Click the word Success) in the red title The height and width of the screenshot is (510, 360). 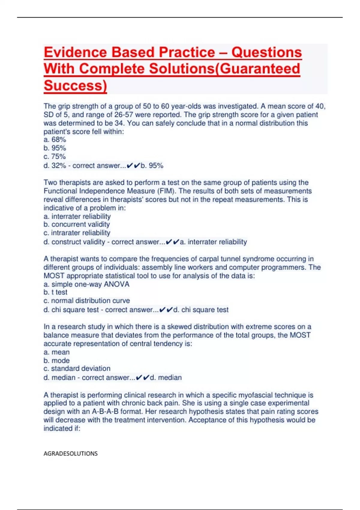click(75, 85)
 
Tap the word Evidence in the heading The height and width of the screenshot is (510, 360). click(75, 52)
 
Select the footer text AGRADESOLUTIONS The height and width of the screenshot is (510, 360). click(70, 453)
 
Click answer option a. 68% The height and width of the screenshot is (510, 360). click(55, 140)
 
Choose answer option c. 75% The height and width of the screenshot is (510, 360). click(55, 157)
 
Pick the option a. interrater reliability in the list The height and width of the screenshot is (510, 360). click(77, 216)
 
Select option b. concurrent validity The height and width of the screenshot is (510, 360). click(76, 224)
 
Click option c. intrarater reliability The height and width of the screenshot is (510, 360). click(77, 233)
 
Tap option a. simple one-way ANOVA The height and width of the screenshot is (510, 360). click(86, 284)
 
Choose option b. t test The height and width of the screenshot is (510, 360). click(55, 292)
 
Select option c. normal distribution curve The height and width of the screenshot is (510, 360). click(87, 301)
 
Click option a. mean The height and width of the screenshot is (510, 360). click(56, 352)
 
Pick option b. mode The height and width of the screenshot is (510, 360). click(56, 361)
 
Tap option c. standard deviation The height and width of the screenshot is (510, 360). click(77, 368)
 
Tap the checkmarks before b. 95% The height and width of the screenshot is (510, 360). click(133, 166)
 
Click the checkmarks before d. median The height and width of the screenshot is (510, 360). click(142, 377)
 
